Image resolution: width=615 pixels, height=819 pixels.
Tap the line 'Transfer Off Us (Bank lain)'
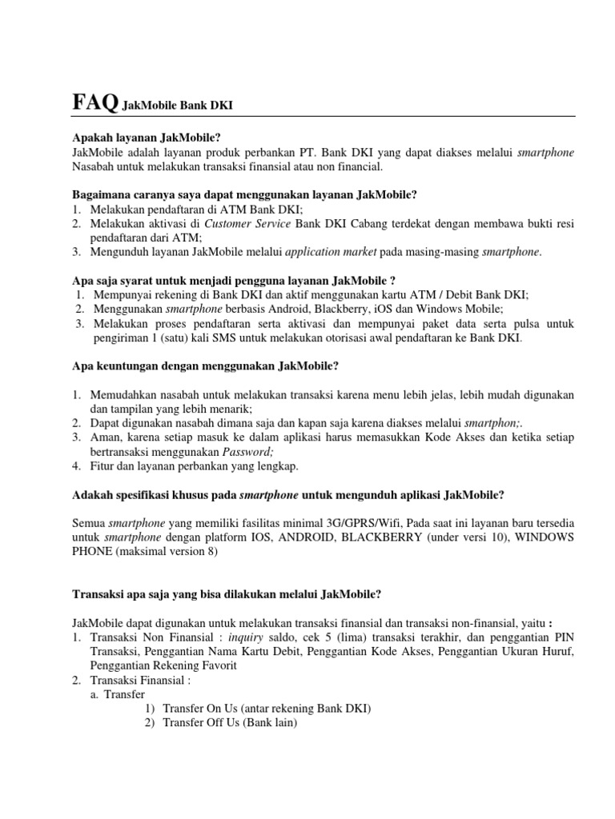pos(229,723)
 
